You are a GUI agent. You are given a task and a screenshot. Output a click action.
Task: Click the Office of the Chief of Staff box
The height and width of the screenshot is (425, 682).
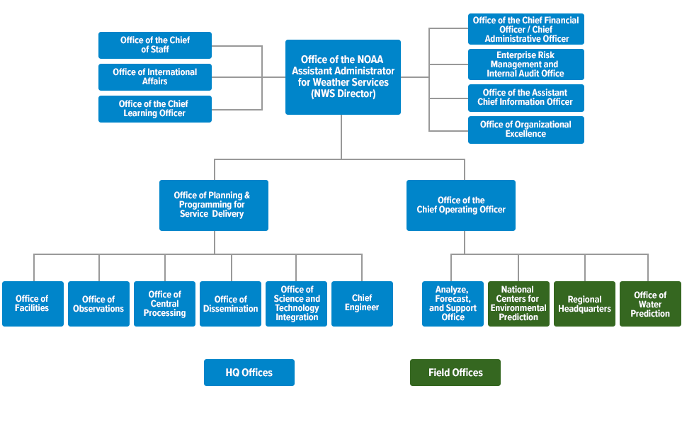click(155, 45)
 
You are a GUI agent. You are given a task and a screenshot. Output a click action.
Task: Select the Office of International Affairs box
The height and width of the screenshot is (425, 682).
click(155, 77)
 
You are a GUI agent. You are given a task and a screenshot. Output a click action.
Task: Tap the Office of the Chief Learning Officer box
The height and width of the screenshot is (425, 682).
click(155, 109)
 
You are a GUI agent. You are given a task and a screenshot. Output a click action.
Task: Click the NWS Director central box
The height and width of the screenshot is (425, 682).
click(343, 77)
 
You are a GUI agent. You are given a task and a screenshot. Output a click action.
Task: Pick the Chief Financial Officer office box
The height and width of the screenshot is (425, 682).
click(526, 29)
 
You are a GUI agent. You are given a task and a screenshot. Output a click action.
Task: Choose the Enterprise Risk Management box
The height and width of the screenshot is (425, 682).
click(526, 64)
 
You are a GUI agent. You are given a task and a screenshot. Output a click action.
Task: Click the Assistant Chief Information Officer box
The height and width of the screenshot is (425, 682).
click(526, 98)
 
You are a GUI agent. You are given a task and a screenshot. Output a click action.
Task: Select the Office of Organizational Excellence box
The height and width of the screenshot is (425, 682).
click(526, 130)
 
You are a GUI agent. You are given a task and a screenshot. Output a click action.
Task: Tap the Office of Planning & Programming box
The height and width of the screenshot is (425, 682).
click(214, 205)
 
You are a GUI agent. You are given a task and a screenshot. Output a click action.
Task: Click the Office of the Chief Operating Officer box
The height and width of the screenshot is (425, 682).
click(460, 205)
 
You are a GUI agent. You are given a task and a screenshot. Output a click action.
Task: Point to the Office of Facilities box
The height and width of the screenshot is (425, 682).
click(33, 304)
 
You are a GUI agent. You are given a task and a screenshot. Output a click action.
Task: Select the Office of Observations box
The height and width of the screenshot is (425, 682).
click(98, 304)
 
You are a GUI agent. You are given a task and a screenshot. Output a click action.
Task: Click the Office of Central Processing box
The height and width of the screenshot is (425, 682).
click(164, 304)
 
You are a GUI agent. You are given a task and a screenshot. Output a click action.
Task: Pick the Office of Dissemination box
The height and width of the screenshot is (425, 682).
click(231, 304)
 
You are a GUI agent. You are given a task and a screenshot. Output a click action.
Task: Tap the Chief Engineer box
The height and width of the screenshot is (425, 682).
click(362, 304)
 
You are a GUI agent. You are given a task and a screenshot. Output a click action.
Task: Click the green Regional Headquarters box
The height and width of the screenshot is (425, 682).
click(584, 304)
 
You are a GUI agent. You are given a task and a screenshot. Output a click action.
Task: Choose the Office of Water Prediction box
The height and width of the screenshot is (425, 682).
click(650, 304)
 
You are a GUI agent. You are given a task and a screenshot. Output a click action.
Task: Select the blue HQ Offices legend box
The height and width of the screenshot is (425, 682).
click(249, 373)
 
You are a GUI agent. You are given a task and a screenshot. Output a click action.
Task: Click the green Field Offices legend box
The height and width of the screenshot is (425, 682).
click(455, 373)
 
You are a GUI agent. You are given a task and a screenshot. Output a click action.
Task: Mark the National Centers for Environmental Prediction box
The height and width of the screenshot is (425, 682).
click(518, 304)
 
